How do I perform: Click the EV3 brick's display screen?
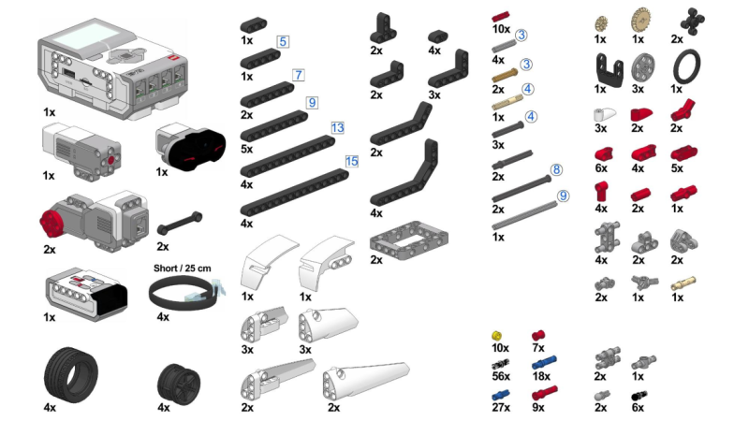pos(88,36)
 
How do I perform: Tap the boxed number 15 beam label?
pos(352,161)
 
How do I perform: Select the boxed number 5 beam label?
pos(283,41)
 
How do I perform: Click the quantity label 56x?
pos(501,376)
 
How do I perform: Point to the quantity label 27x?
pos(501,407)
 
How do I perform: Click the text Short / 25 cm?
pos(182,269)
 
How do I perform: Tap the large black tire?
pos(71,375)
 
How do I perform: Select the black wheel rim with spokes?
pos(179,384)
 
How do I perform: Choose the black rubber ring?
pos(686,66)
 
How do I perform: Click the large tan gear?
pos(640,21)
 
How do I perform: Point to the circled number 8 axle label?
pos(556,169)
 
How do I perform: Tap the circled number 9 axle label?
pos(564,196)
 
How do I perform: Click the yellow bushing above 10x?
pos(497,336)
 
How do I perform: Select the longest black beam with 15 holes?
pos(294,193)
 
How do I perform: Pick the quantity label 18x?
pos(541,376)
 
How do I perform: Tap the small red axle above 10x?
pos(500,17)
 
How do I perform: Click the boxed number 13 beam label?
pos(337,128)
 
